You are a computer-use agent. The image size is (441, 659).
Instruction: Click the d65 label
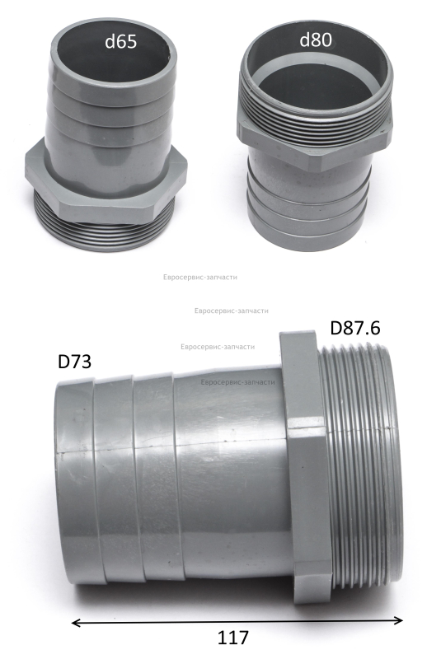tap(121, 42)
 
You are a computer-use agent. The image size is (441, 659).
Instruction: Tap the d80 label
tap(317, 40)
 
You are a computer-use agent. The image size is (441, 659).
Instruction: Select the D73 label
tap(74, 362)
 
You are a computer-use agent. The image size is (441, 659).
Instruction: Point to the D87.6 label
tap(355, 328)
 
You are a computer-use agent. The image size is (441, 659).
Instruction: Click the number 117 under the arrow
tap(233, 638)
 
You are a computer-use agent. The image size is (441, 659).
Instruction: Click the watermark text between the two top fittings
tap(200, 278)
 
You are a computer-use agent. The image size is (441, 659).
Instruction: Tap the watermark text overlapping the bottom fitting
tap(238, 382)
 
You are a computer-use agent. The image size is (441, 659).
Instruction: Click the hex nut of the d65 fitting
tap(106, 185)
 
